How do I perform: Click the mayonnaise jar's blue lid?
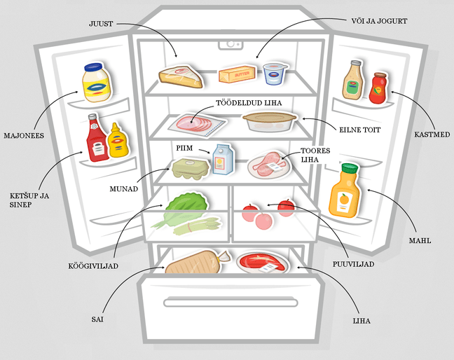click(x=93, y=67)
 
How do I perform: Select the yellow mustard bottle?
click(x=118, y=141)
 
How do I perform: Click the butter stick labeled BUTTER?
click(x=237, y=74)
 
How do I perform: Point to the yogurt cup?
click(x=275, y=74)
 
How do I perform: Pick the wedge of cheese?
click(x=181, y=76)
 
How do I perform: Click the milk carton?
click(x=223, y=160)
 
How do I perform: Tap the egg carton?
click(x=191, y=169)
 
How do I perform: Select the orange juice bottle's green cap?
click(x=350, y=168)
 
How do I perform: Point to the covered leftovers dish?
click(x=270, y=122)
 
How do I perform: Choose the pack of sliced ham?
click(x=197, y=124)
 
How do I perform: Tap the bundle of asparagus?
click(x=197, y=226)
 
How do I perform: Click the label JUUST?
click(x=101, y=24)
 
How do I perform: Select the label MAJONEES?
click(x=24, y=135)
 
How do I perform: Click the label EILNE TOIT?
click(x=360, y=130)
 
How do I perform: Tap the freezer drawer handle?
click(x=231, y=303)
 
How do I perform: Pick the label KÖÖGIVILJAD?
click(x=93, y=265)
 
